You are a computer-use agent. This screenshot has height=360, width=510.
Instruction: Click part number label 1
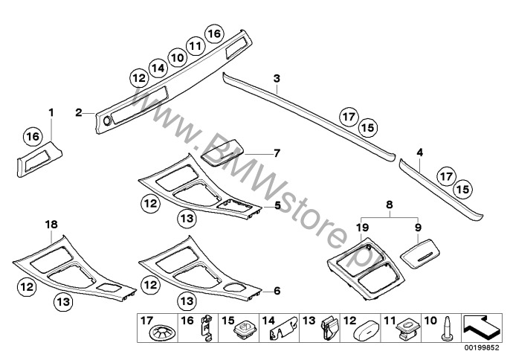(x=51, y=112)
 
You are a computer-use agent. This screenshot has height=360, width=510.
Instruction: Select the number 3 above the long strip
(x=277, y=78)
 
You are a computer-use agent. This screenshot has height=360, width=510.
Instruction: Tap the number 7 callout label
(x=277, y=153)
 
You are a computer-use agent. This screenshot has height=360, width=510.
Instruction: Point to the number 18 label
(x=51, y=225)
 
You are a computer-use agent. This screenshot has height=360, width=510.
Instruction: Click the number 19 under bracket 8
(x=362, y=228)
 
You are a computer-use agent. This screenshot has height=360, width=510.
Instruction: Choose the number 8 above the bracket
(x=390, y=205)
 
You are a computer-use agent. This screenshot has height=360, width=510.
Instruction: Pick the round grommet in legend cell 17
(x=161, y=333)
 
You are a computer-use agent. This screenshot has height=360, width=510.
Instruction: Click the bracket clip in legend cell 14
(x=284, y=330)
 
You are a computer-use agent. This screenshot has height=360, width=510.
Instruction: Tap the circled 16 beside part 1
(x=33, y=136)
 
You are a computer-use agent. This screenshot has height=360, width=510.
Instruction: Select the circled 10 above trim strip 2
(x=177, y=57)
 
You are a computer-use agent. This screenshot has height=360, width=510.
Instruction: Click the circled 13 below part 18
(x=63, y=302)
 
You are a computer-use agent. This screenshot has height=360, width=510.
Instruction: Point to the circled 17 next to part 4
(x=446, y=176)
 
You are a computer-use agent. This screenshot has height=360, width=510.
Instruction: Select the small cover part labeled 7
(x=223, y=152)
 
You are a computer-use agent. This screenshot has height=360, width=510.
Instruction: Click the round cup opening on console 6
(x=235, y=287)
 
